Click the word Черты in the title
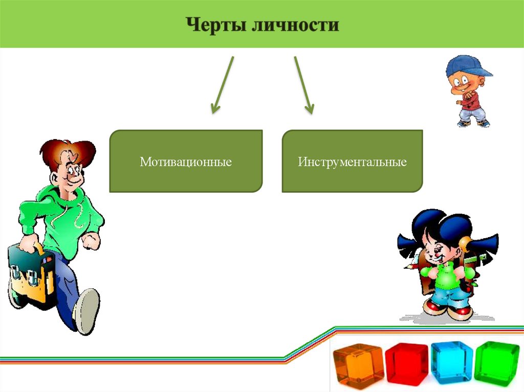[215, 25]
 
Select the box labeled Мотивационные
[186, 162]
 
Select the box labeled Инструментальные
[352, 162]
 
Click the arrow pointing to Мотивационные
[223, 84]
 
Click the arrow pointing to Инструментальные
[303, 84]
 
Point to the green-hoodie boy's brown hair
[67, 151]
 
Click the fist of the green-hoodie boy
[91, 241]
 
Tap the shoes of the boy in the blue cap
[473, 123]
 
